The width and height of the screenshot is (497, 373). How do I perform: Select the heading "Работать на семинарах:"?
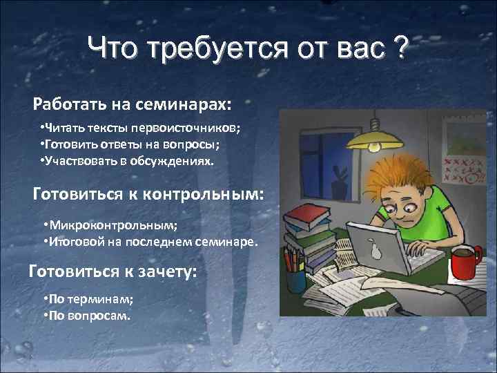pos(133,104)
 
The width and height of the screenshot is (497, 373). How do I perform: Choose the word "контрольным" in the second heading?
pos(203,193)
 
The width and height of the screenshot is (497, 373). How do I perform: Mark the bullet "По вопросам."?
pos(86,316)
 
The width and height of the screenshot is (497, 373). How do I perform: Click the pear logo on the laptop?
pos(376,250)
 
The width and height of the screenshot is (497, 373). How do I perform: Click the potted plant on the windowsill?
pos(338,185)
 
